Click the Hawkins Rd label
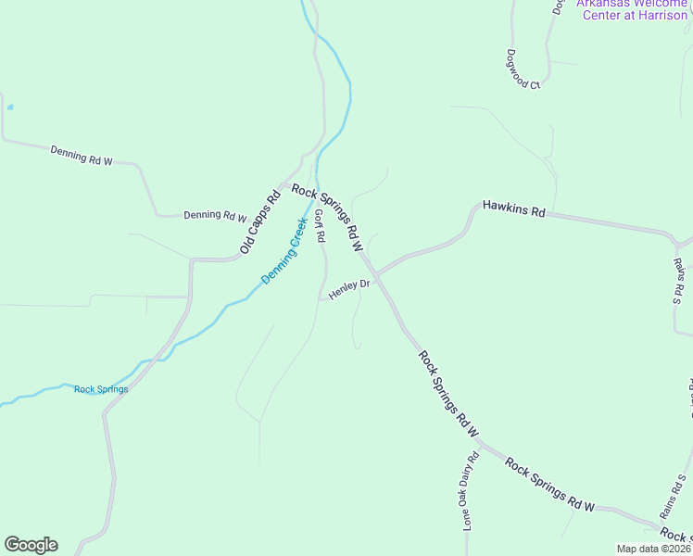[514, 208]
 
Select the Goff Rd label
[320, 226]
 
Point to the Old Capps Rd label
[259, 222]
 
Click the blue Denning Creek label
[283, 251]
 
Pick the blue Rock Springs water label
[101, 389]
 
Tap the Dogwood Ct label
[523, 69]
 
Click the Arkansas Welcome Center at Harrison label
[633, 8]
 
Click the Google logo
[31, 545]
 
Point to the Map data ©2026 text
[654, 549]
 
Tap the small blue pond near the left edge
[10, 107]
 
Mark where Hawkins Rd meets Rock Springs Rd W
[376, 274]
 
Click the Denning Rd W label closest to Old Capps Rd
[215, 216]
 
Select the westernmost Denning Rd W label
[82, 155]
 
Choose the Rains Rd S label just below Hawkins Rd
[677, 280]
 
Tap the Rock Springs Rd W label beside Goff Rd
[327, 219]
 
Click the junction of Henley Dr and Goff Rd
[321, 298]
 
